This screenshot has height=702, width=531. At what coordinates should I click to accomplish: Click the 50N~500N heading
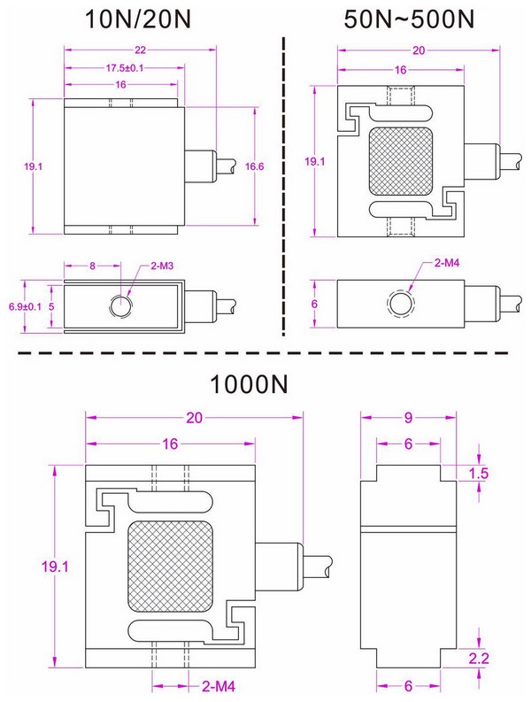[x=406, y=20]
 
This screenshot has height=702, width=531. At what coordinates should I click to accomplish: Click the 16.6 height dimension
[x=254, y=165]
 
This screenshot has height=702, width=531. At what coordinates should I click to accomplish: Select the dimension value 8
[x=91, y=266]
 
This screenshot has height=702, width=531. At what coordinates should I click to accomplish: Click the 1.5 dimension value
[x=478, y=474]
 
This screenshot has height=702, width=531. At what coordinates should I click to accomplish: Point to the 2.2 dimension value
[x=478, y=656]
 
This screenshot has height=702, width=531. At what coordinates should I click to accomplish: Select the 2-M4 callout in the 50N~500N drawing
[x=450, y=264]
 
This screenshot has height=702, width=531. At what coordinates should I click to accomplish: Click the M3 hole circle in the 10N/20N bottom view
[x=119, y=305]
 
